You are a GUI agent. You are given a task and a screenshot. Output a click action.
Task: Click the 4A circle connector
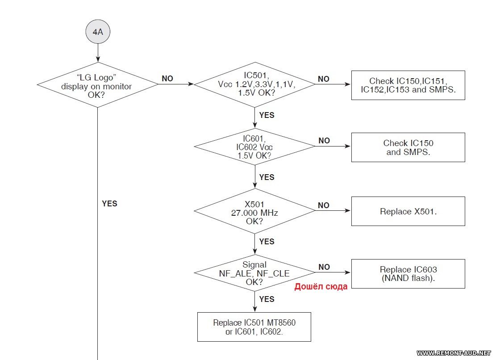point(98,32)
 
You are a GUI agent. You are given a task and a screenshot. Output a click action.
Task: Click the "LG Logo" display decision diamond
point(98,85)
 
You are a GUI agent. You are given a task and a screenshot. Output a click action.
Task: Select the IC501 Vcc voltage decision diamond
point(254,84)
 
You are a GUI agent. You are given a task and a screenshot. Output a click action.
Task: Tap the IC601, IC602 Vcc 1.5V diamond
point(254,147)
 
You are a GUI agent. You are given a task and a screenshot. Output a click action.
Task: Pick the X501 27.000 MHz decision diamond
point(254,211)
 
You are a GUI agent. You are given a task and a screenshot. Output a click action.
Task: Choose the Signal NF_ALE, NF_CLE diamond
point(254,273)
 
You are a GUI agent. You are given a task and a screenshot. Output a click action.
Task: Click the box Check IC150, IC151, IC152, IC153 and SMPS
point(408,85)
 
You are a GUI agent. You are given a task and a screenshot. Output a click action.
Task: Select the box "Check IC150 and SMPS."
point(408,147)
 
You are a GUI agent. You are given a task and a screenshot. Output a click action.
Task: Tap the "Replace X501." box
point(408,211)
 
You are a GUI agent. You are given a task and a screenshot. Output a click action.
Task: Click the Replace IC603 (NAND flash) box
point(408,274)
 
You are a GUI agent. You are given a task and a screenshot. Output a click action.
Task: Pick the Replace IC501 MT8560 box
point(254,327)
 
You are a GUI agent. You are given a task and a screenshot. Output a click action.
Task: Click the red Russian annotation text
point(321,287)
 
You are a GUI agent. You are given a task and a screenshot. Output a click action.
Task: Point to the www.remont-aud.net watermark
point(454,353)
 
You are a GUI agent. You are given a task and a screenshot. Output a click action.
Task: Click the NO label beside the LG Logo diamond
point(167,79)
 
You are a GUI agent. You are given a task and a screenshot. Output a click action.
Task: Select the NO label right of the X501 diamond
point(324,205)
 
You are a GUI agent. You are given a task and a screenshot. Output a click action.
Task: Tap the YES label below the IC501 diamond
point(267,115)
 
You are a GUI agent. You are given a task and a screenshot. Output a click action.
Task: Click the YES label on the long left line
point(109,203)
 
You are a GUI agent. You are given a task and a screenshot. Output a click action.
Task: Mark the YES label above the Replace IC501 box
point(267,299)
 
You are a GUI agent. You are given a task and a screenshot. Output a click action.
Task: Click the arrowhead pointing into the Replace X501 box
point(348,211)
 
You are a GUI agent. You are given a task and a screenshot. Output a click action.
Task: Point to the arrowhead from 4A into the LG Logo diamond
point(98,59)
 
